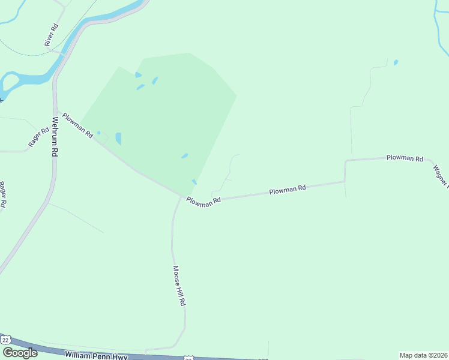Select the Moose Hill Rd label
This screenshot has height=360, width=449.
click(x=179, y=286)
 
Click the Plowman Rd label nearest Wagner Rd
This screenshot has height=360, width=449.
click(x=405, y=158)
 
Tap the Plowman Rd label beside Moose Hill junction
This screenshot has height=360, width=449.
click(x=203, y=202)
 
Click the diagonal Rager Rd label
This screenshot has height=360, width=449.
click(x=38, y=137)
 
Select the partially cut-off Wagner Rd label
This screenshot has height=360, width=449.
click(x=441, y=175)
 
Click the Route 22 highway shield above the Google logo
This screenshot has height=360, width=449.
click(x=6, y=340)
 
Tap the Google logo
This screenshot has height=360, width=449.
click(x=20, y=353)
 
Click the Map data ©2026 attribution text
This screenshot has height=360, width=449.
click(x=424, y=355)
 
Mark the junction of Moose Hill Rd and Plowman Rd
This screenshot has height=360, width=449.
click(x=180, y=196)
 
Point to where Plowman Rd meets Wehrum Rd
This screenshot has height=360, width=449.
click(x=56, y=110)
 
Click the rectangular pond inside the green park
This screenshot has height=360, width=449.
click(x=118, y=139)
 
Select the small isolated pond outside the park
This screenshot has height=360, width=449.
click(x=395, y=62)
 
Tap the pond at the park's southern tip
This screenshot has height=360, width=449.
click(x=194, y=182)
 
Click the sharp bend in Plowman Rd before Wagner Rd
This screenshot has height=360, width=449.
click(x=345, y=161)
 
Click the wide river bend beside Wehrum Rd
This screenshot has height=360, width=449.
click(x=24, y=79)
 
